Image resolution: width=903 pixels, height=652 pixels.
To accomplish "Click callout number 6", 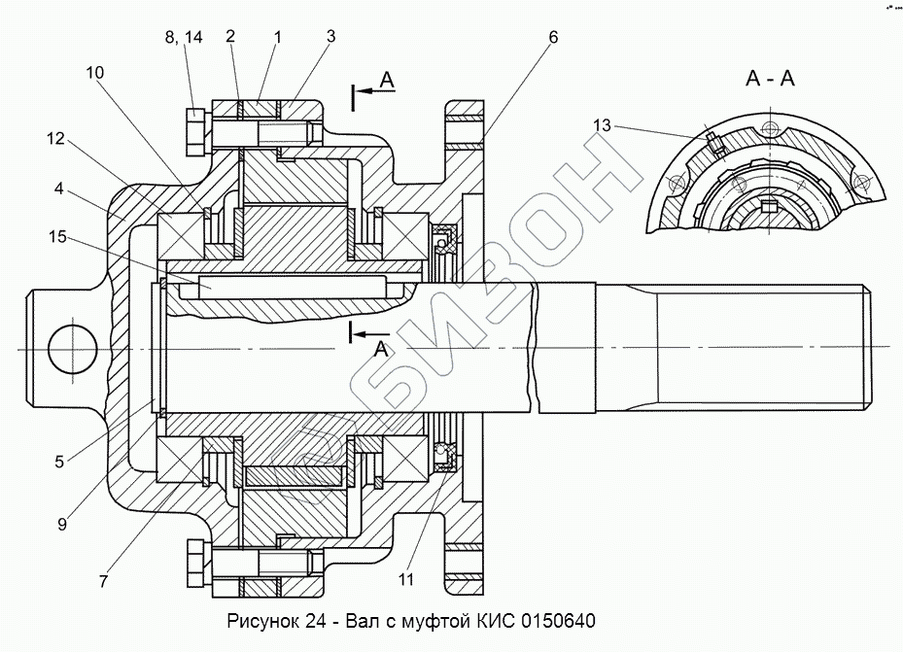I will (x=552, y=38).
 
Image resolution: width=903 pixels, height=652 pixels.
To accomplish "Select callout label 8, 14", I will (x=183, y=38).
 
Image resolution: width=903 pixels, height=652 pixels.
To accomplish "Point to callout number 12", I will (x=55, y=139).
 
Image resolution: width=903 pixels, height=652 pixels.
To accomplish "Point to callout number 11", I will (x=405, y=580).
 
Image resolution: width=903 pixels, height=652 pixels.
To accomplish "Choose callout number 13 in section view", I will (x=602, y=125).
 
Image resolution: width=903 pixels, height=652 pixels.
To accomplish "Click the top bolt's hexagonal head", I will (x=194, y=131).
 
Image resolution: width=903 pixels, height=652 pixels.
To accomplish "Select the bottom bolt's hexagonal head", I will (x=194, y=562).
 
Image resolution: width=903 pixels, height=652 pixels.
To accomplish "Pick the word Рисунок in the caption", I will (x=261, y=620).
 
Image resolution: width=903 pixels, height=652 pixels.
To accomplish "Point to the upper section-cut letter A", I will (x=386, y=81).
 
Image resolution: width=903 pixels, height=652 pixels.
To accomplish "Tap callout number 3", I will (x=330, y=38).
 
